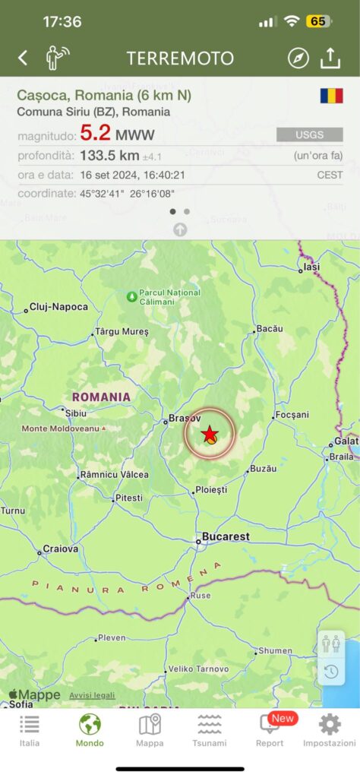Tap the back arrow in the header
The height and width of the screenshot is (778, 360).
pyautogui.click(x=23, y=58)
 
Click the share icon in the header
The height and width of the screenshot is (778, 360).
pyautogui.click(x=330, y=58)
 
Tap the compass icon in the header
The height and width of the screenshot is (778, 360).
pyautogui.click(x=298, y=58)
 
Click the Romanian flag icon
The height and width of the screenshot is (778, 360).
pyautogui.click(x=331, y=96)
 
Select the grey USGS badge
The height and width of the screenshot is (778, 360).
pyautogui.click(x=309, y=135)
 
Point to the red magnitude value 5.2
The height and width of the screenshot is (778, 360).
pyautogui.click(x=96, y=134)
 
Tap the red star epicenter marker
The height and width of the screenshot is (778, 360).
pyautogui.click(x=210, y=433)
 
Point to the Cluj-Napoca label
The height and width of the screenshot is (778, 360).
pyautogui.click(x=58, y=307)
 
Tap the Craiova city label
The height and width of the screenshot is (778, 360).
pyautogui.click(x=61, y=549)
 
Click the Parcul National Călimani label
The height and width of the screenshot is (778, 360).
pyautogui.click(x=170, y=296)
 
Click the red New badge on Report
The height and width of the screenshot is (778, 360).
pyautogui.click(x=283, y=718)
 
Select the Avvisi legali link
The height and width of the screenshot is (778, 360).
pyautogui.click(x=92, y=695)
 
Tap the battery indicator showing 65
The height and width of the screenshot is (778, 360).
pyautogui.click(x=317, y=21)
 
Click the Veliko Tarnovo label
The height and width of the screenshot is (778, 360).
pyautogui.click(x=197, y=669)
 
